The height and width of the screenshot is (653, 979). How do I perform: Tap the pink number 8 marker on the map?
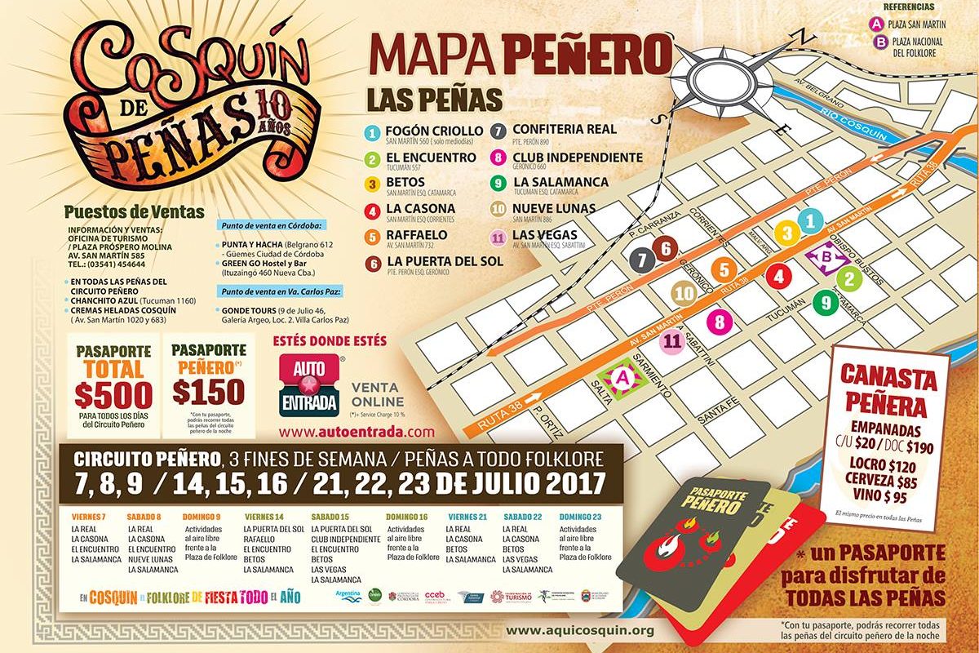point(719,322)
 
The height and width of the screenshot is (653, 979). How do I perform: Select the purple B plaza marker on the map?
point(826,259)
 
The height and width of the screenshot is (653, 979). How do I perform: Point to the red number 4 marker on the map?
point(779,277)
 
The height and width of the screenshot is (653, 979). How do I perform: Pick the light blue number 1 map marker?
point(809,220)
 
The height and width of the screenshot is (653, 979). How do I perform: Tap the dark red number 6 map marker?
point(666,248)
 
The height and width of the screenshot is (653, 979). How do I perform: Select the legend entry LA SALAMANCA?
point(561,181)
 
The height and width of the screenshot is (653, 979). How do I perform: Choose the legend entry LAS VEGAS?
point(543,235)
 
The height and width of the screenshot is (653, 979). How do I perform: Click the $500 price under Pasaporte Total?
point(113,394)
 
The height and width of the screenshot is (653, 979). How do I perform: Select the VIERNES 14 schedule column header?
point(265,517)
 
